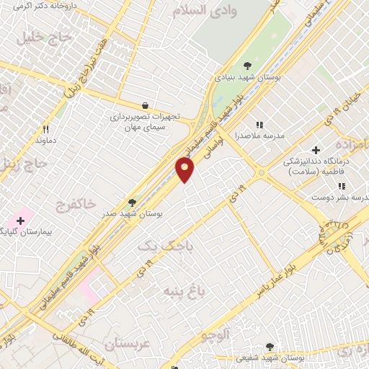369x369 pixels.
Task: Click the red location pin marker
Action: click(x=185, y=169)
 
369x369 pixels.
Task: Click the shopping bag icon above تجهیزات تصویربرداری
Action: click(x=146, y=105)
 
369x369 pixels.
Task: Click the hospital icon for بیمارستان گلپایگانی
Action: click(x=20, y=218)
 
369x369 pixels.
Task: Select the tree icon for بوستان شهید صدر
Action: click(x=132, y=203)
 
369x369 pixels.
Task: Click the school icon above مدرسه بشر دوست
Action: click(x=341, y=186)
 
